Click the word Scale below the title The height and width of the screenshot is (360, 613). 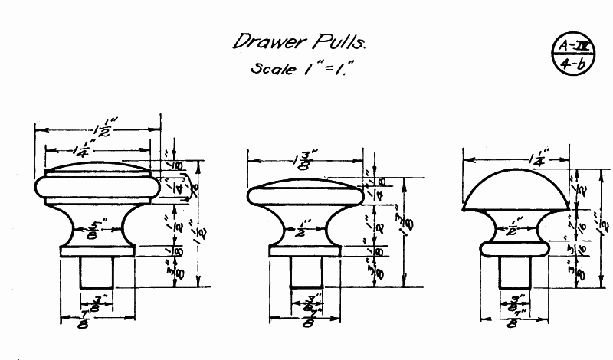pos(274,69)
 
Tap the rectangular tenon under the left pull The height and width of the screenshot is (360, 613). pos(97,272)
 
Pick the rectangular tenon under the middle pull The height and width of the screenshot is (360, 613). pos(306,272)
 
